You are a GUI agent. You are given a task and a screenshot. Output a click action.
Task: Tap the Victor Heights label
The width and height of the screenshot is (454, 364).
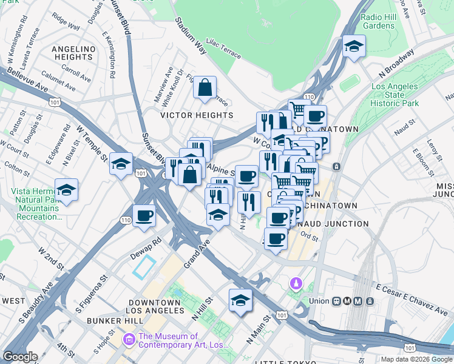tap(196, 115)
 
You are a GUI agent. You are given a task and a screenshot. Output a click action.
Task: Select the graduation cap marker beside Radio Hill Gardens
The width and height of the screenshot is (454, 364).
tap(353, 47)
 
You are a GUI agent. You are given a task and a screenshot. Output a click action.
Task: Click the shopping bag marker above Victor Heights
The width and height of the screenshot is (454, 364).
tap(205, 87)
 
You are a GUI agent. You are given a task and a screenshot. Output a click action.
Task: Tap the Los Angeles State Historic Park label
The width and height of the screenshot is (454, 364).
tap(395, 95)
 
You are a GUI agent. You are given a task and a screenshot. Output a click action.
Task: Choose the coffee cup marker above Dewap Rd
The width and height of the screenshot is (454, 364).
tap(144, 215)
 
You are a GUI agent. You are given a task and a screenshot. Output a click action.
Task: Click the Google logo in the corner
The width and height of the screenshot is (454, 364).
tap(21, 357)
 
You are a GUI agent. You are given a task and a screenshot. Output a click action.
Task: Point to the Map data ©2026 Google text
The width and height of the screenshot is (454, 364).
tap(416, 359)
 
